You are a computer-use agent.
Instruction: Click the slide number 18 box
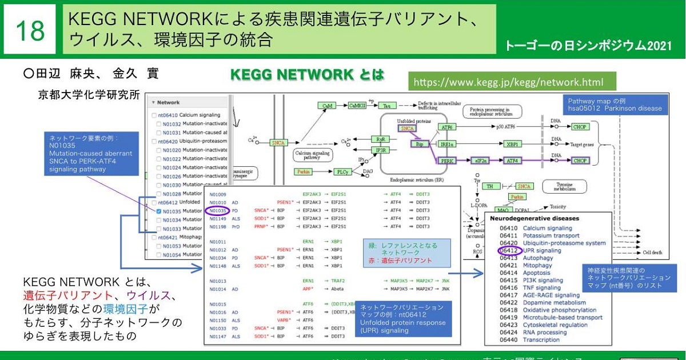[30, 30]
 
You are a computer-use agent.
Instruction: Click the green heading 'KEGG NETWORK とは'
[306, 75]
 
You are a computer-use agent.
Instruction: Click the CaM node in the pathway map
[327, 106]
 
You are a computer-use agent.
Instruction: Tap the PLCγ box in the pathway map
[342, 171]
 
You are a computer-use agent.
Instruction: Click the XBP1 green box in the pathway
[513, 145]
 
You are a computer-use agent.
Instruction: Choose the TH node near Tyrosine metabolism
[490, 186]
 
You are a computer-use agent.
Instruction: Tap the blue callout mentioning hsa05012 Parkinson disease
[615, 105]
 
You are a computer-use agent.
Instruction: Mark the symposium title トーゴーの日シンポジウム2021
[588, 46]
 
